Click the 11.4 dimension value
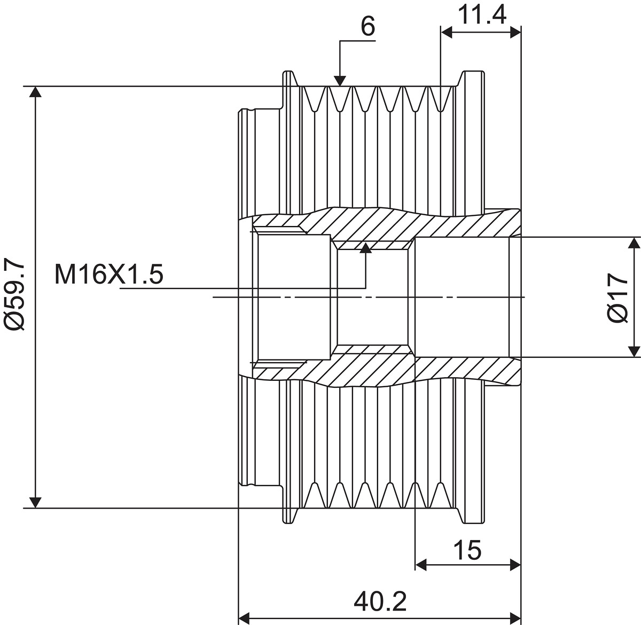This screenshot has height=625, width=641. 482,14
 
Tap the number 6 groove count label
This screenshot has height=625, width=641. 368,26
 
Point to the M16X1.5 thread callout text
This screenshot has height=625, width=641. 108,275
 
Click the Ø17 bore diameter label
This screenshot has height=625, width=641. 617,298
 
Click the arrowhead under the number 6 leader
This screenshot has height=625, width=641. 340,81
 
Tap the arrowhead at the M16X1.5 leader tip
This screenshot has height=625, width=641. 365,248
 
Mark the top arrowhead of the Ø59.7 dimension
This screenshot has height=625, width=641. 36,92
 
